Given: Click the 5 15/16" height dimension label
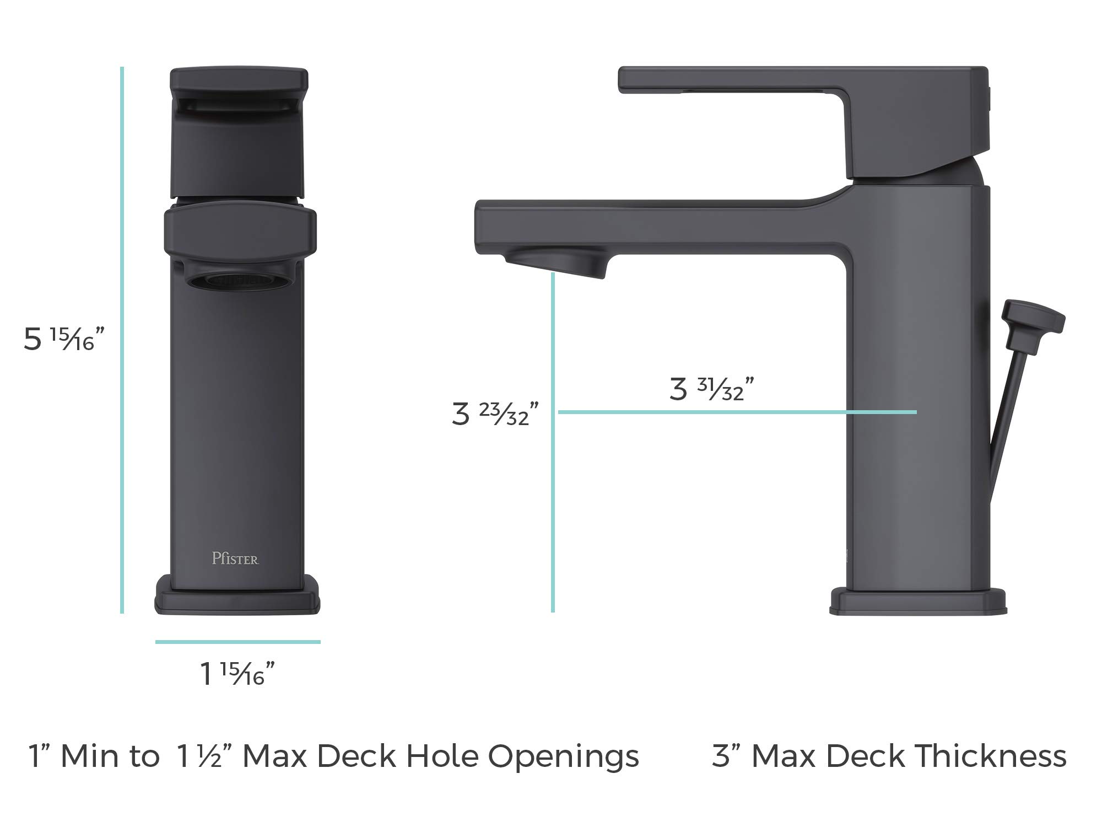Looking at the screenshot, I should (63, 339).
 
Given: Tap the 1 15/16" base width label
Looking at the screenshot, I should (237, 674).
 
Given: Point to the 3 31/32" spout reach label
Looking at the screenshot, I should (711, 389).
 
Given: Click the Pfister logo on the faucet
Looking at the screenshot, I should (235, 559).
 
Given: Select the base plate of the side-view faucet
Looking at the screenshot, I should (918, 603).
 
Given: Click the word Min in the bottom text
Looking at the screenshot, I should (93, 756).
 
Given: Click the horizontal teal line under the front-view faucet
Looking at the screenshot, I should (237, 642).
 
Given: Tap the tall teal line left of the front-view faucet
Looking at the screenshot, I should (122, 340).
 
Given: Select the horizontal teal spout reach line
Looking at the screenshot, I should (737, 412).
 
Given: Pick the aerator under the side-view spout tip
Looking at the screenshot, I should (557, 264).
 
